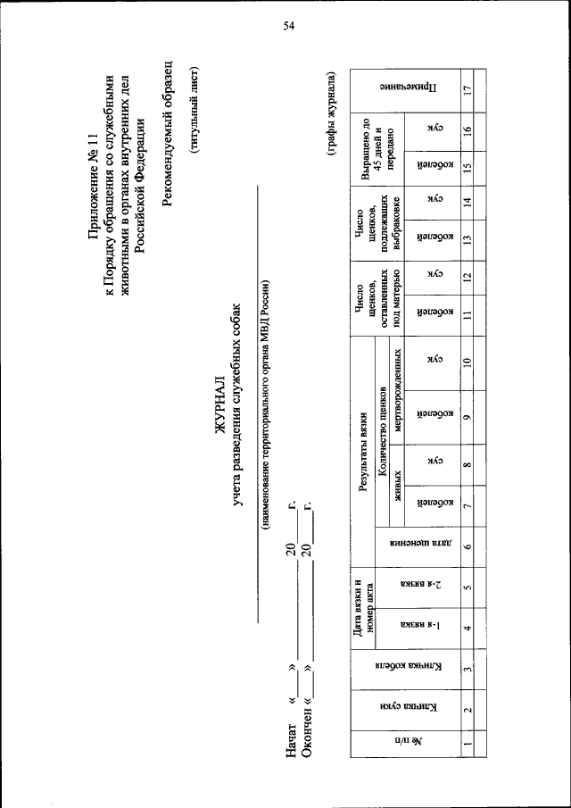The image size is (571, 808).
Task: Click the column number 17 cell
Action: (466, 89)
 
